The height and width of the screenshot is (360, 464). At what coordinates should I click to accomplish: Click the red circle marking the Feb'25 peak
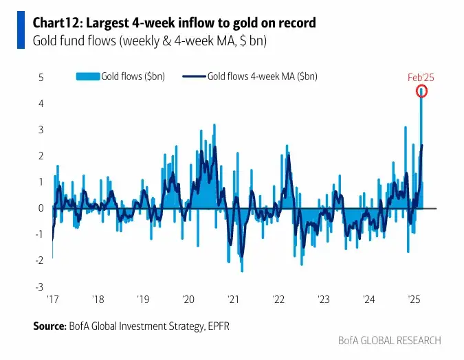[x=422, y=91]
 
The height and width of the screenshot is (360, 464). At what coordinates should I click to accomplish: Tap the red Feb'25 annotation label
[x=422, y=78]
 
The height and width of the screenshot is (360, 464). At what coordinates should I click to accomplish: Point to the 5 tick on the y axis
[x=41, y=78]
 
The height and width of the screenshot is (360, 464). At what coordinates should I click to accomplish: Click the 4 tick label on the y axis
[x=41, y=104]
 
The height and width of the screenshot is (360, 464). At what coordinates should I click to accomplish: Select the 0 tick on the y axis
[x=41, y=208]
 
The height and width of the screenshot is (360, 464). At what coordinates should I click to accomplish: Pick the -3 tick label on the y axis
[x=40, y=286]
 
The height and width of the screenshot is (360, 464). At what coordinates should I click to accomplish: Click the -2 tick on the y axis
[x=40, y=260]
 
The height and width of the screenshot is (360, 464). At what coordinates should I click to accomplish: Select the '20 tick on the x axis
[x=188, y=300]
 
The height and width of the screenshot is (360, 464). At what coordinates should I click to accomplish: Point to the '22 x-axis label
[x=278, y=300]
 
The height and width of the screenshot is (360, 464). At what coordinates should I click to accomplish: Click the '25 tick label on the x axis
[x=415, y=300]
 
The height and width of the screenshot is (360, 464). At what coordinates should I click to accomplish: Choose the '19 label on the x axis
[x=142, y=300]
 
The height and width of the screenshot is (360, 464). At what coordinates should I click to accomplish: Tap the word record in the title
[x=298, y=23]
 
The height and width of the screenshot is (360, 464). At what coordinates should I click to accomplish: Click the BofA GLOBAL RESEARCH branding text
[x=389, y=341]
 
